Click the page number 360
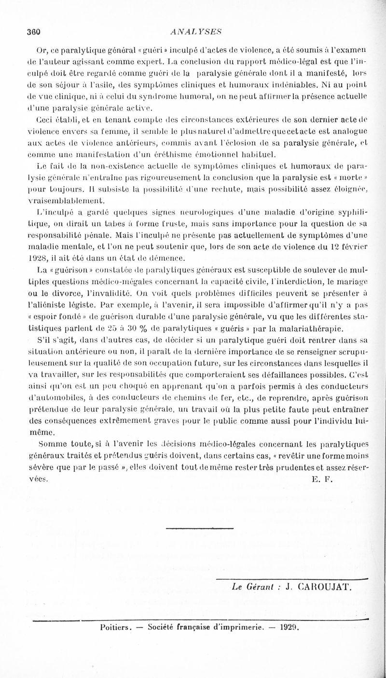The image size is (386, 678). tap(33, 32)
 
